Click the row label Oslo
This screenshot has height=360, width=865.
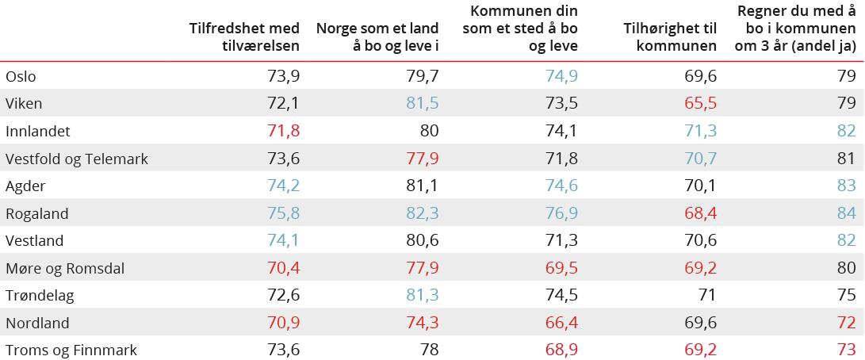[21, 77]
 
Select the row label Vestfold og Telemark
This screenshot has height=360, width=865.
[77, 159]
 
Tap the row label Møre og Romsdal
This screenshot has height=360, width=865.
[65, 268]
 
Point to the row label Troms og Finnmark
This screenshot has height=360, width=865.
[71, 350]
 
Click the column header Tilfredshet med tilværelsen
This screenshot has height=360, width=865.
[244, 36]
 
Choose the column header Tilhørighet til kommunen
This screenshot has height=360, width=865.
[670, 36]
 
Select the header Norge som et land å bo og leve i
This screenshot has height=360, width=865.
[377, 36]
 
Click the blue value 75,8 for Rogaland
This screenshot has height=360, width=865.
[283, 213]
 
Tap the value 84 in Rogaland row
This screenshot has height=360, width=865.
[846, 213]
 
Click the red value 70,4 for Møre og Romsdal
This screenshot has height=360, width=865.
[283, 268]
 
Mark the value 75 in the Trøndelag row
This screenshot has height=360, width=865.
[846, 296]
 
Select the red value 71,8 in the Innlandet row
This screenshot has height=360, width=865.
[283, 132]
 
